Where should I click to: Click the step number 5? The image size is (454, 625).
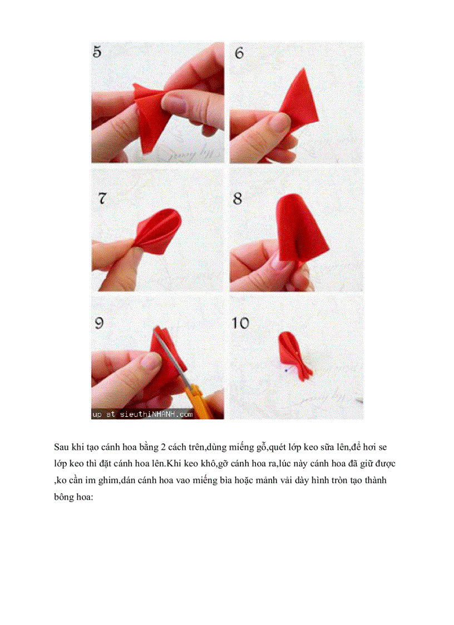coord(97,52)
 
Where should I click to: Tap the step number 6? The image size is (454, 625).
coord(239,53)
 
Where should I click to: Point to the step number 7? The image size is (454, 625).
coord(102,198)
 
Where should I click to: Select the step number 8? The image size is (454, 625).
coord(238,199)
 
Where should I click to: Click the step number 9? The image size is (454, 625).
coord(99,323)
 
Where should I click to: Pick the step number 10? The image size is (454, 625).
coord(241,323)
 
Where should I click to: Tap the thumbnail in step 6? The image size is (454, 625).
coord(296,103)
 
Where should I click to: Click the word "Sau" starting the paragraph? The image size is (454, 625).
coord(61,447)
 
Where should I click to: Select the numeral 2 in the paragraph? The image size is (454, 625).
coord(164,447)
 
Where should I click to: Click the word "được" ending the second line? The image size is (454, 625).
coord(384,464)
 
